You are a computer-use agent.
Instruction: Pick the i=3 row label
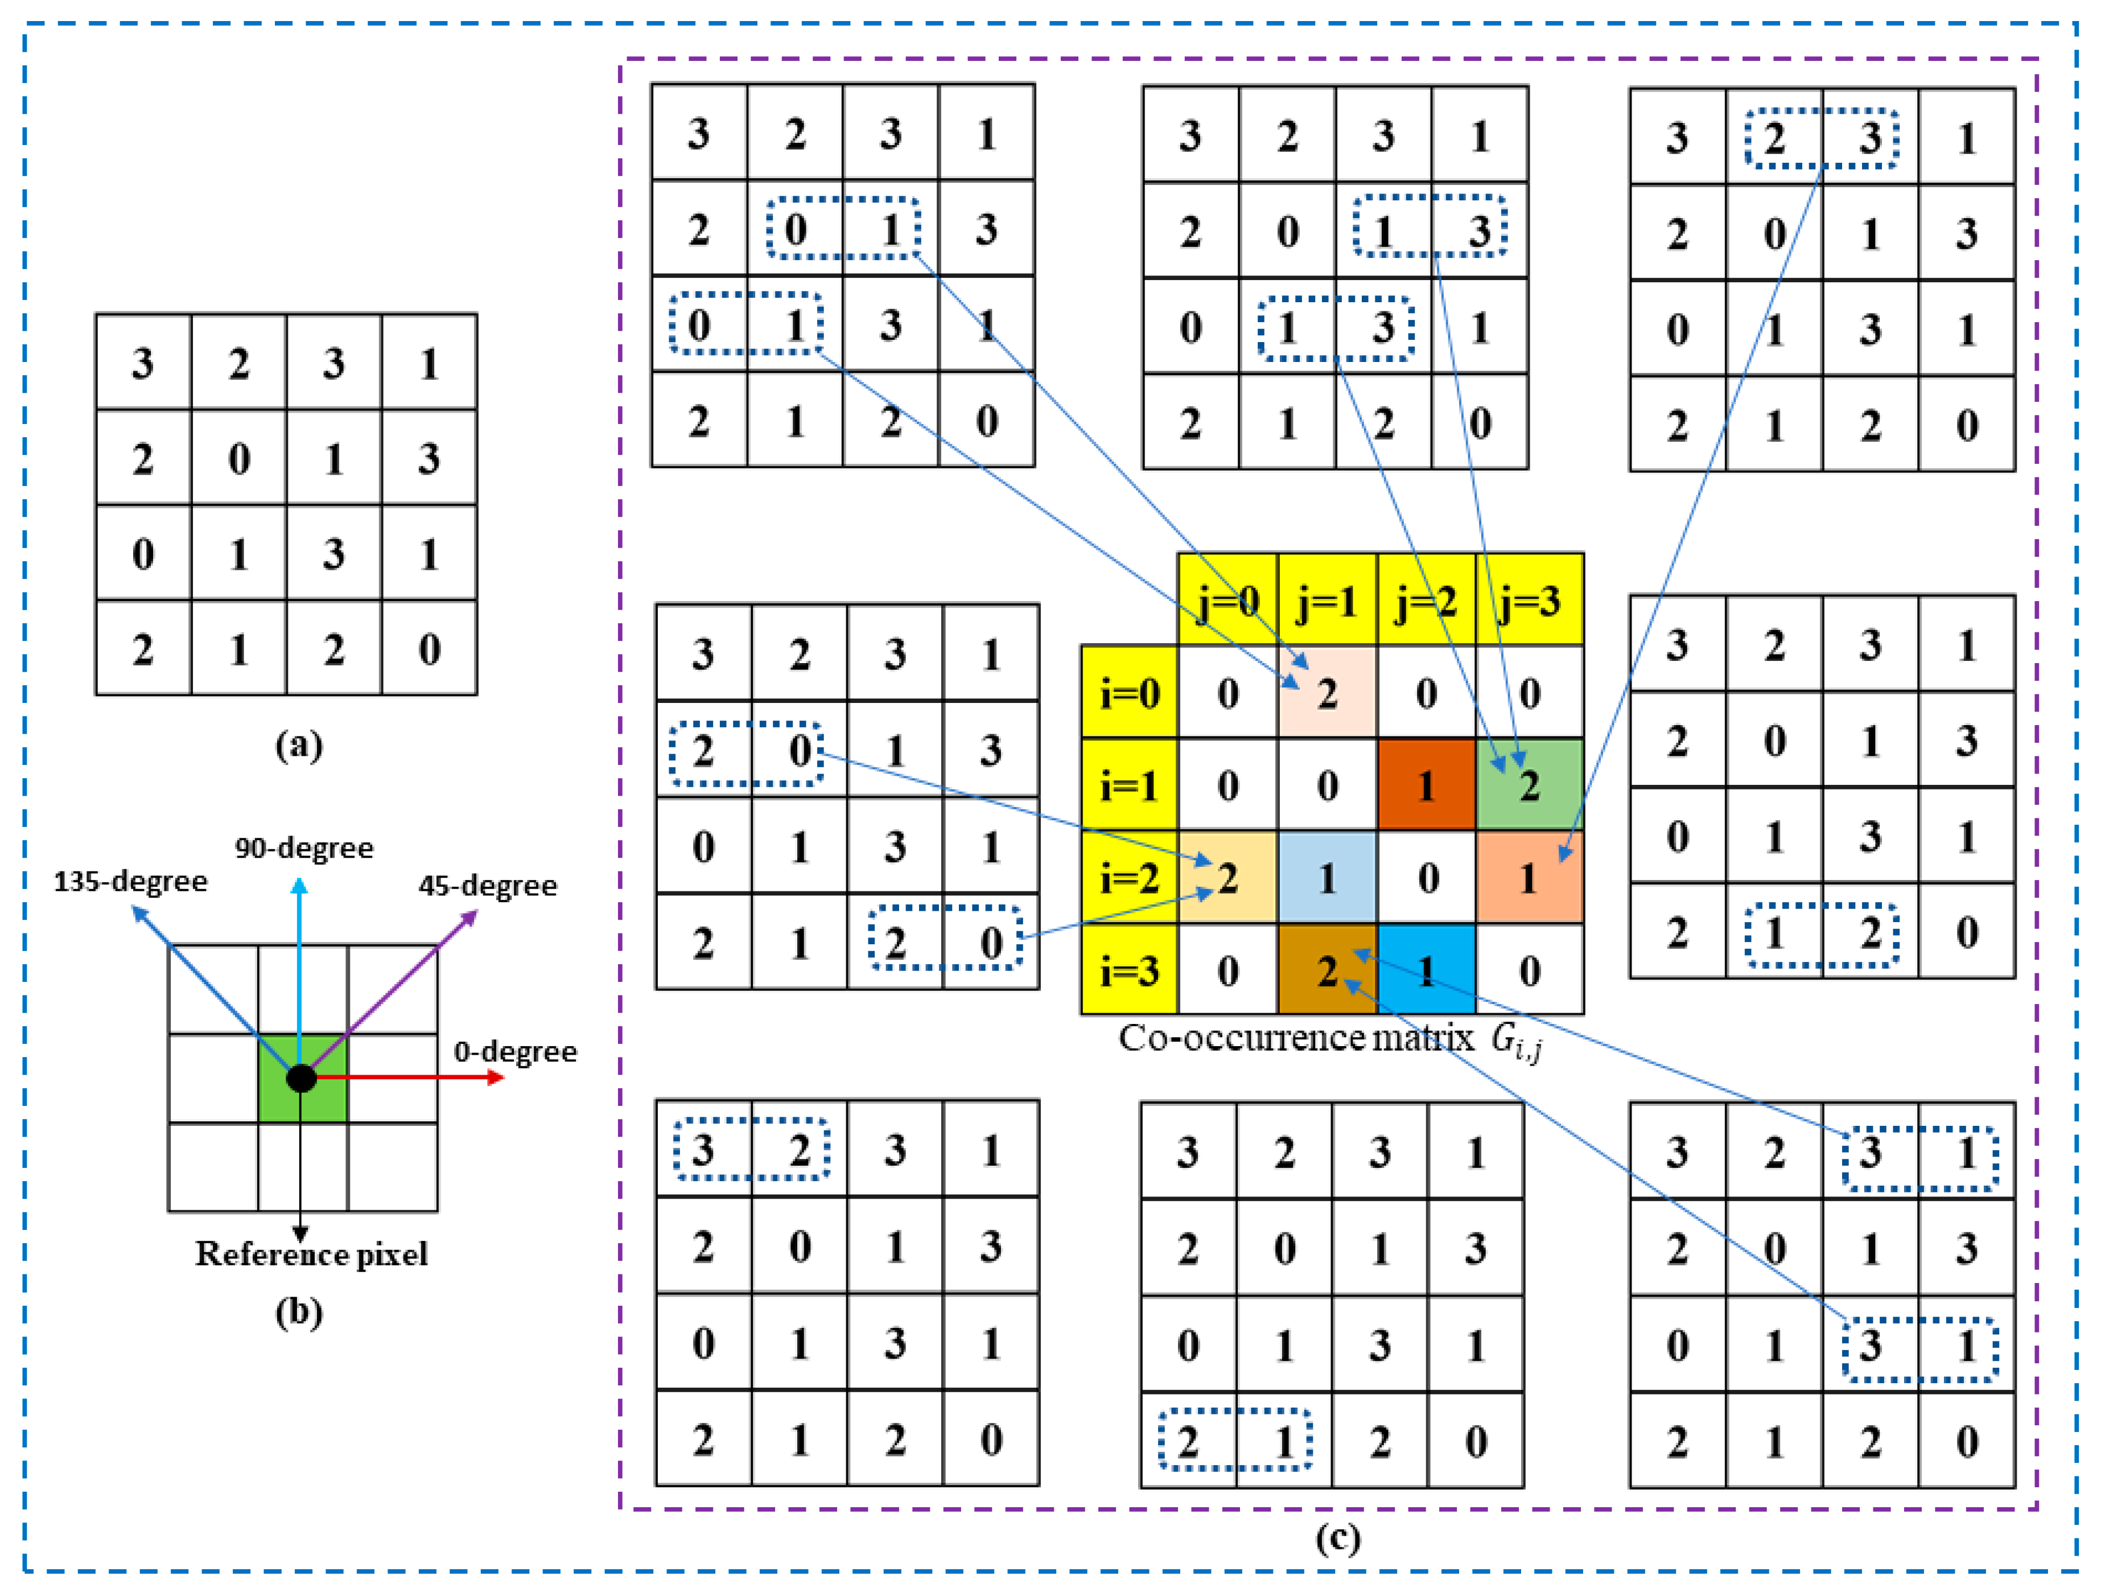[1130, 970]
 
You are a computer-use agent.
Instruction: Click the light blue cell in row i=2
[1327, 878]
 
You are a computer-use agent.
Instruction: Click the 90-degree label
[304, 847]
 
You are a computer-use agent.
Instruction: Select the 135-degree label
[130, 881]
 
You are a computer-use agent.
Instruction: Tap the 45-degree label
[487, 885]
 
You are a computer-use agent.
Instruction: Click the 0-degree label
[515, 1052]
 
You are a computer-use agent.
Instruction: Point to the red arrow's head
[496, 1077]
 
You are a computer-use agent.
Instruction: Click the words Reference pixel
[311, 1254]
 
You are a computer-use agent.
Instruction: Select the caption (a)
[299, 745]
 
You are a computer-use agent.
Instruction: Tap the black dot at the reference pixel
[300, 1078]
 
